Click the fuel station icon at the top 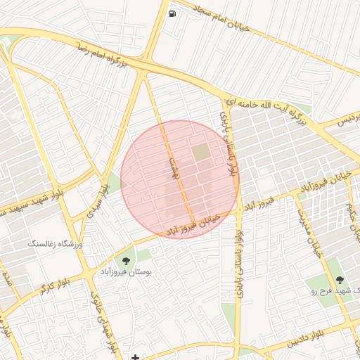pos(172,13)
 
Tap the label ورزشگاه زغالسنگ pos(55,243)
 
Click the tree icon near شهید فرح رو pos(350,281)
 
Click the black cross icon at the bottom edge pos(135,357)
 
